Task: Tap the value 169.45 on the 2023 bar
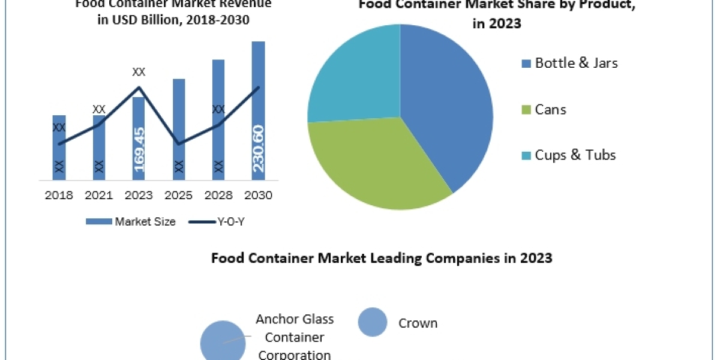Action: click(x=139, y=149)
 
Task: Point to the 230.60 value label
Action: click(x=258, y=148)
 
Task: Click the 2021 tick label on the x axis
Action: click(x=99, y=196)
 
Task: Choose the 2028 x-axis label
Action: click(x=218, y=196)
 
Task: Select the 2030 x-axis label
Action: click(x=258, y=196)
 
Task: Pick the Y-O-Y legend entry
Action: click(x=217, y=221)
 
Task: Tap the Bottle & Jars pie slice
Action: click(x=444, y=108)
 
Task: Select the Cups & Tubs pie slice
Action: click(x=354, y=78)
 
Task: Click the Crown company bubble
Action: click(x=373, y=322)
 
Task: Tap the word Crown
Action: click(x=418, y=323)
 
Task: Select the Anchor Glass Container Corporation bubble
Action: click(x=222, y=342)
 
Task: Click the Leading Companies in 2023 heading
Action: click(x=382, y=259)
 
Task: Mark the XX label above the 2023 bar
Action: click(x=139, y=72)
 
